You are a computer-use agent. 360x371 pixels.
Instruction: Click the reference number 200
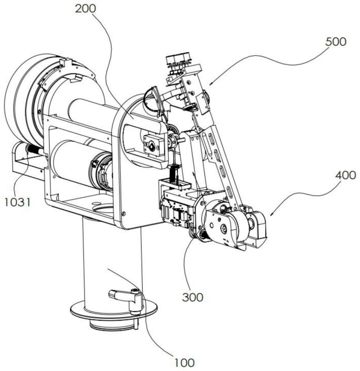(86, 9)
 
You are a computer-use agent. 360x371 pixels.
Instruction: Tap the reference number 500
(336, 42)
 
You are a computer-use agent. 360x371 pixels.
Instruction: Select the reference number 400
(346, 175)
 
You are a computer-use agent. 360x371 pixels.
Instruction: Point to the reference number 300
(193, 297)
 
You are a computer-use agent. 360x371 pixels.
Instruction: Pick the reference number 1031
(18, 202)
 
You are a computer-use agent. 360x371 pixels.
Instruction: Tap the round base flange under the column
(114, 310)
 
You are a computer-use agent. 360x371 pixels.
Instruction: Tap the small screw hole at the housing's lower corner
(123, 214)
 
